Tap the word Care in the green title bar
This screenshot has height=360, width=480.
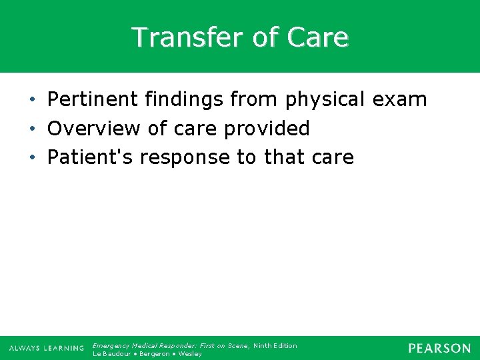pos(317,37)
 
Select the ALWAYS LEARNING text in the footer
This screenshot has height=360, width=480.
pos(47,348)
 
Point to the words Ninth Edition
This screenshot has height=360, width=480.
pos(275,345)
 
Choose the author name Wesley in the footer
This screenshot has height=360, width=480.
pos(190,354)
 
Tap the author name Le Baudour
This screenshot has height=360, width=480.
pos(111,354)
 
